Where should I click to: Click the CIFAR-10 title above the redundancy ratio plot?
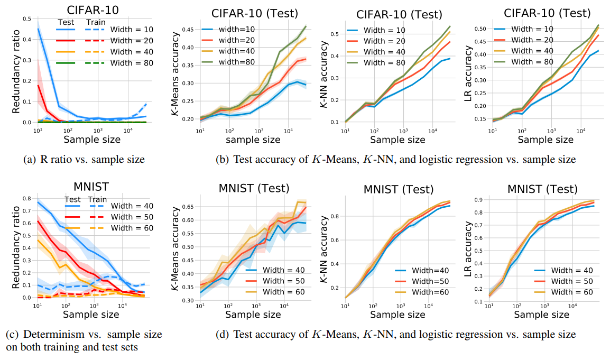click(88, 10)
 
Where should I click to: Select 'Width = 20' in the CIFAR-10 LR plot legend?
click(525, 41)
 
